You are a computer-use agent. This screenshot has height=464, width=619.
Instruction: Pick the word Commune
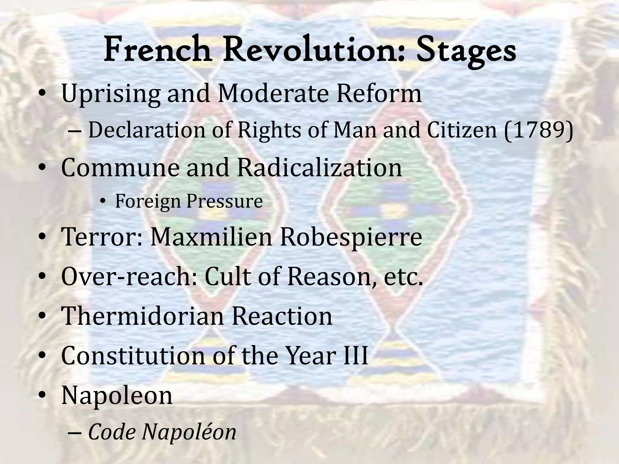click(120, 168)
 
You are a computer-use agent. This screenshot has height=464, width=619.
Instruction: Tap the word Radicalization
click(319, 168)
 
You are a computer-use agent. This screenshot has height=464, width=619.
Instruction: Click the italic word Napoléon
click(189, 432)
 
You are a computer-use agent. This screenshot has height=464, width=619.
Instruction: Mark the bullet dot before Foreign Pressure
click(103, 202)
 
